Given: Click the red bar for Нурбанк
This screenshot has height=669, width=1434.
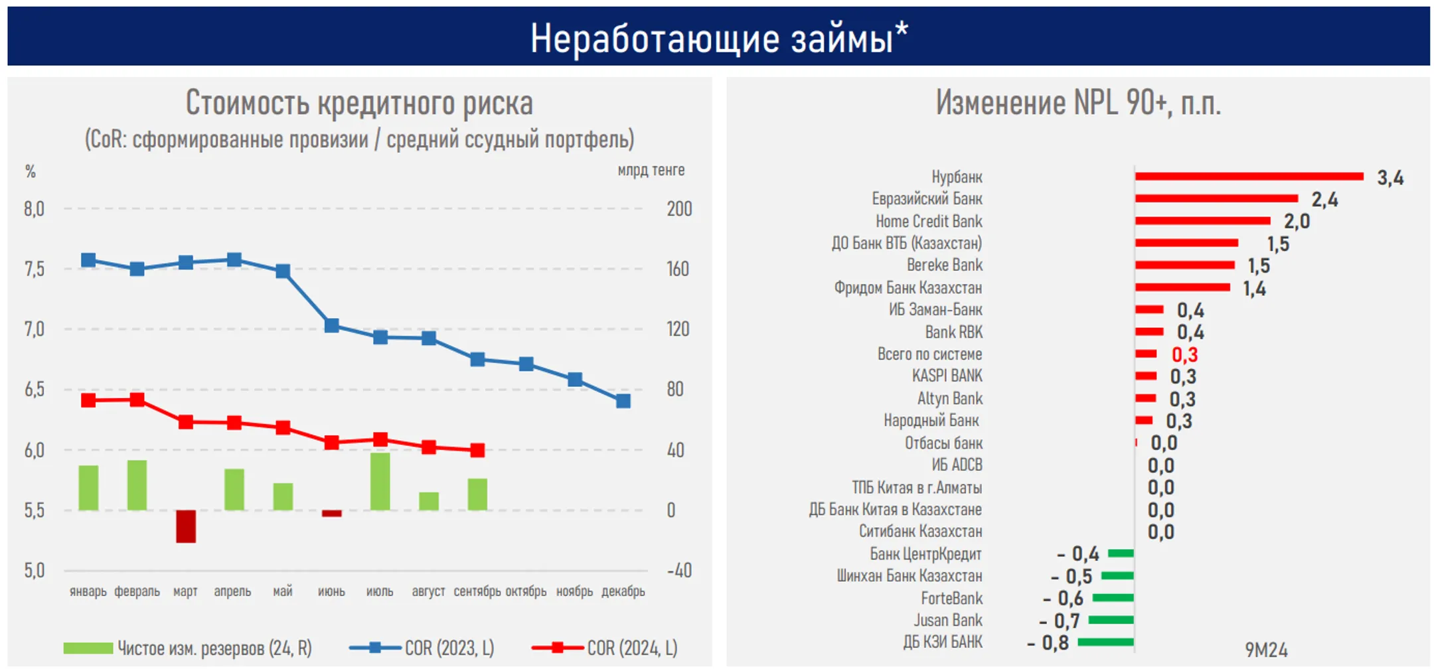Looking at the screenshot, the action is click(x=1249, y=177).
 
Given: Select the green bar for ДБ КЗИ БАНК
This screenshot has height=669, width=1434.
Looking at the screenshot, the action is click(x=1105, y=642).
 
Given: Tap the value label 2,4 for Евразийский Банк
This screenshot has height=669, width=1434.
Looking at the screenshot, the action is click(x=1324, y=199).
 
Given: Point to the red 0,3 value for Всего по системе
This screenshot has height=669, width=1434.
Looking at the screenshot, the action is click(x=1184, y=354).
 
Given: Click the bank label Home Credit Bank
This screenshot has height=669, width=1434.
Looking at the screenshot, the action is click(x=928, y=221).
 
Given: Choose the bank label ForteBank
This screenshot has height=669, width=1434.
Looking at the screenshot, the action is click(x=951, y=598).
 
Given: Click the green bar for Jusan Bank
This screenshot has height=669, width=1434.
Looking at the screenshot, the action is click(x=1111, y=620).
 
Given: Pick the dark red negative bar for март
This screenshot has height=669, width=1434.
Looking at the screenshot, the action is click(x=186, y=526).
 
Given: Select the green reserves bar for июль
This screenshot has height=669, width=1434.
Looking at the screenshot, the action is click(x=380, y=482).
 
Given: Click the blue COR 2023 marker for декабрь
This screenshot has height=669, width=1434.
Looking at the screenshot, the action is click(x=623, y=401).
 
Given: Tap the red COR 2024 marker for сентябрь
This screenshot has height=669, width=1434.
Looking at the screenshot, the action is click(x=477, y=450).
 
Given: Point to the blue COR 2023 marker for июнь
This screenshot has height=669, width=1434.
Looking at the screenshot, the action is click(x=331, y=325).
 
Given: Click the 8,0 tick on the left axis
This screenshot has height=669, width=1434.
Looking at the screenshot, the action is click(x=34, y=209).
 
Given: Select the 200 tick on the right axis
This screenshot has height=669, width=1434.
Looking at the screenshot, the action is click(x=679, y=209).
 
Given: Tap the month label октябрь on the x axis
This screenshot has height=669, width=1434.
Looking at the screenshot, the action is click(x=526, y=591).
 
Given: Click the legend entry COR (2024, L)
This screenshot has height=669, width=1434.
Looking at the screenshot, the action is click(x=604, y=648).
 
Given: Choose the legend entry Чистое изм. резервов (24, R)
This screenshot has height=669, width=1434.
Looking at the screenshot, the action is click(x=188, y=648).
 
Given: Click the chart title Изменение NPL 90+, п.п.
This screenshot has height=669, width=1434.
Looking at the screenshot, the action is click(x=1078, y=103).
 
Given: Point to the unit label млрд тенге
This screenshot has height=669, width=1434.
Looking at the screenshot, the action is click(x=651, y=171).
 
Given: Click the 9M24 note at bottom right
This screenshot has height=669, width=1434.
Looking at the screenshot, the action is click(x=1266, y=650).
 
